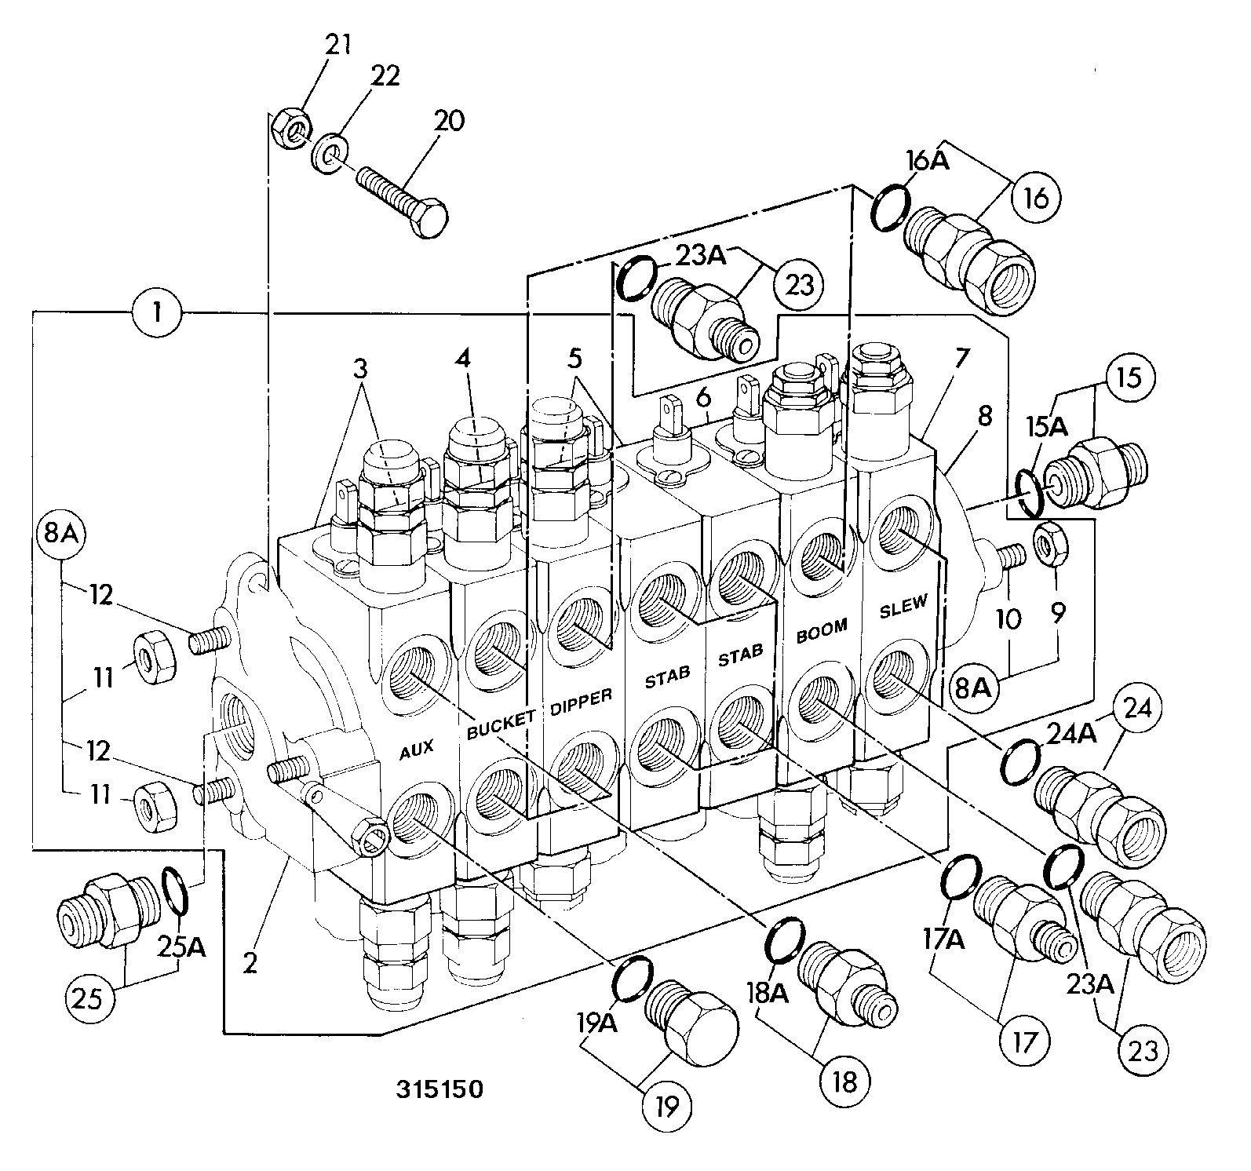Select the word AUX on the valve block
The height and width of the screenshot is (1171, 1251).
pyautogui.click(x=417, y=750)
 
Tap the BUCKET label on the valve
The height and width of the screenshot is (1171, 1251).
pyautogui.click(x=501, y=724)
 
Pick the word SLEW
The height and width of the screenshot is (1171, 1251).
pyautogui.click(x=903, y=605)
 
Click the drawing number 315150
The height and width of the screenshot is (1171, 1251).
pyautogui.click(x=439, y=1089)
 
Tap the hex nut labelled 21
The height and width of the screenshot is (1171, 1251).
pyautogui.click(x=290, y=128)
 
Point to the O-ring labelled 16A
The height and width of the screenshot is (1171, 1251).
pyautogui.click(x=890, y=206)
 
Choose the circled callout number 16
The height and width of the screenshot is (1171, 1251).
pyautogui.click(x=1036, y=199)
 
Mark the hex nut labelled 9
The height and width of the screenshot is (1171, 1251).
pyautogui.click(x=1048, y=542)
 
